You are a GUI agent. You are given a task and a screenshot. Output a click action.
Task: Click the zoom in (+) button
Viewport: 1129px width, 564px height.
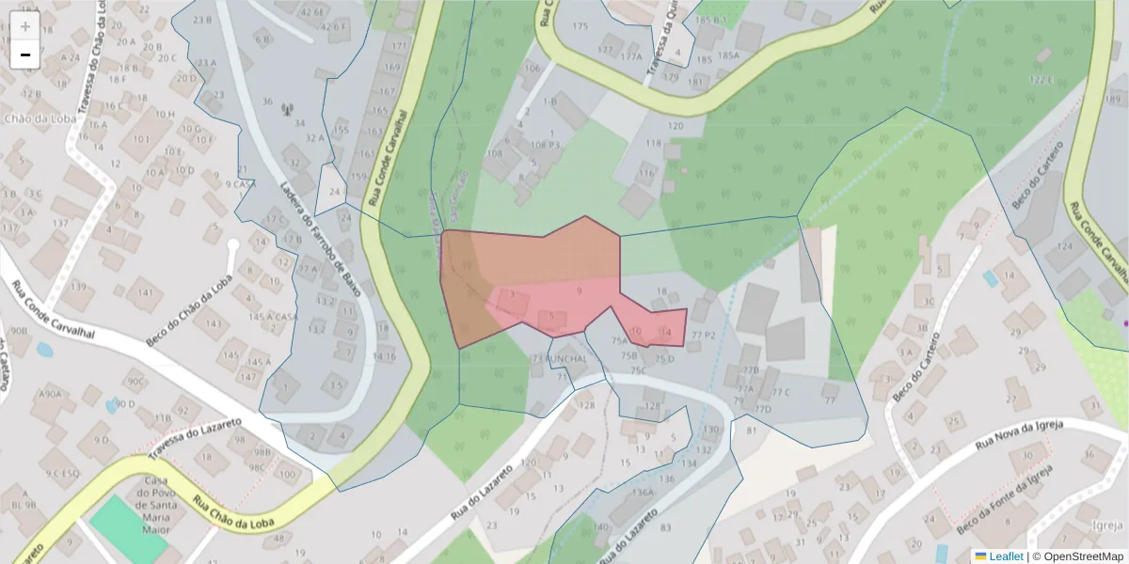(25, 26)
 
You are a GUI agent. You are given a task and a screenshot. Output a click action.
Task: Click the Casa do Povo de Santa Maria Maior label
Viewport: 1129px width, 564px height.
(149, 505)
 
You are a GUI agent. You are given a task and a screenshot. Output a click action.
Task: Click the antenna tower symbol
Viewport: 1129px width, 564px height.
(287, 107)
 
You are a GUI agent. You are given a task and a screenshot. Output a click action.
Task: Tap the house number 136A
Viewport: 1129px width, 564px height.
(643, 492)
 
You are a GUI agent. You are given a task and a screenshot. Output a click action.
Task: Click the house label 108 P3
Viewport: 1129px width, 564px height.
(545, 145)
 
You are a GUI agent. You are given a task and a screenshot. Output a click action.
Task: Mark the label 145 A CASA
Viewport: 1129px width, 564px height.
(273, 317)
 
